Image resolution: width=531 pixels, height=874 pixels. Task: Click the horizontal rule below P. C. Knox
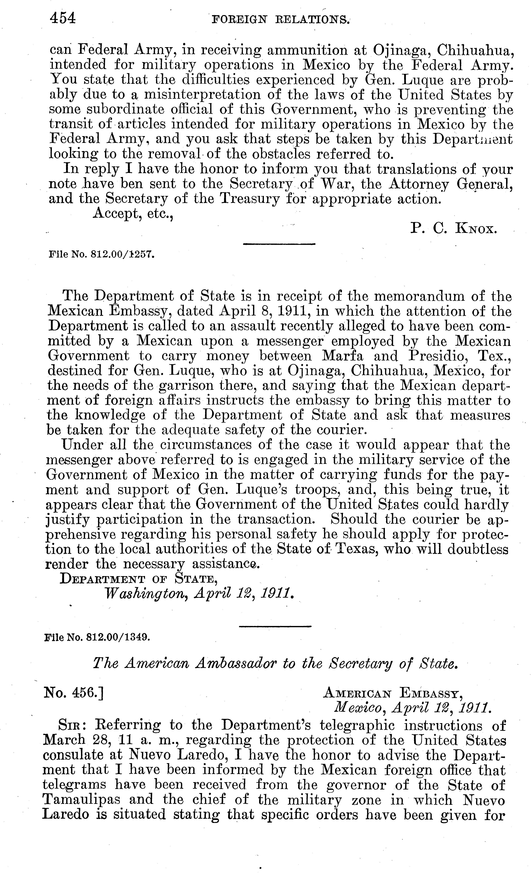coord(279,244)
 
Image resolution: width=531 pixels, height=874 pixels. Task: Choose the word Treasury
coord(250,199)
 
